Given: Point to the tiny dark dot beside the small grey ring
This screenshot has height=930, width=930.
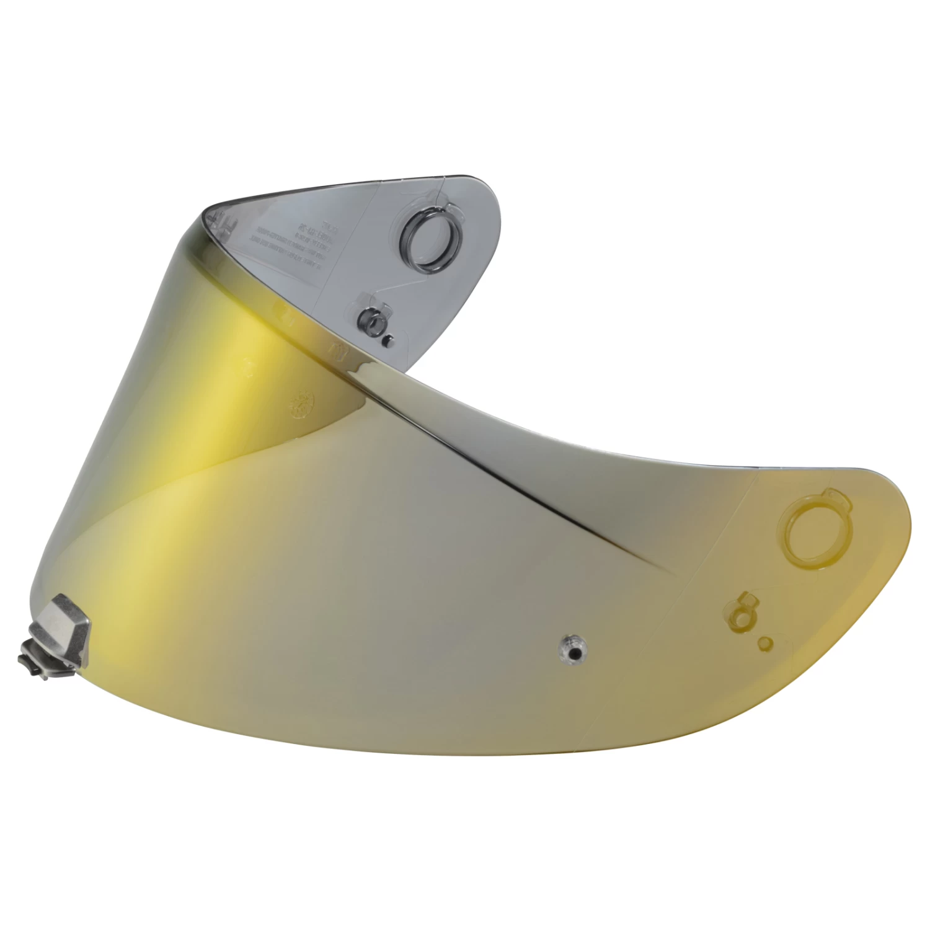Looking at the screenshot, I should tap(388, 340).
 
